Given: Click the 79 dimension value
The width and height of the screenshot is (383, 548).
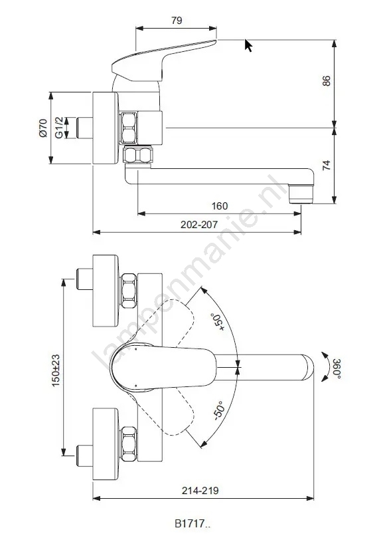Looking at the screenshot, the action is [177, 20].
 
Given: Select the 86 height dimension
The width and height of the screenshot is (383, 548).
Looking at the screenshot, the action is [326, 80].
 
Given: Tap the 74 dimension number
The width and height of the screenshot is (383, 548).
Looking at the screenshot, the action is [326, 166].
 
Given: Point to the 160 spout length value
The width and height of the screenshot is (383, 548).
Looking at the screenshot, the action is [220, 206].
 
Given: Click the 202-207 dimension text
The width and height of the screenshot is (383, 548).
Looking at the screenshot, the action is [199, 224].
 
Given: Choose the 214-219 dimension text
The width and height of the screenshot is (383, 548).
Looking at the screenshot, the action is [200, 490].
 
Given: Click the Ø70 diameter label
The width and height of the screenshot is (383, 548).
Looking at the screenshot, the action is [43, 128].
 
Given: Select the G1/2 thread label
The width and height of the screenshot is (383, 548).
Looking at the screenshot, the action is [60, 128].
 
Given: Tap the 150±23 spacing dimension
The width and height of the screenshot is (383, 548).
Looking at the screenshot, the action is [56, 370].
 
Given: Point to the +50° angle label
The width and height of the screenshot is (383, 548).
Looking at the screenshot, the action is [217, 323].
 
